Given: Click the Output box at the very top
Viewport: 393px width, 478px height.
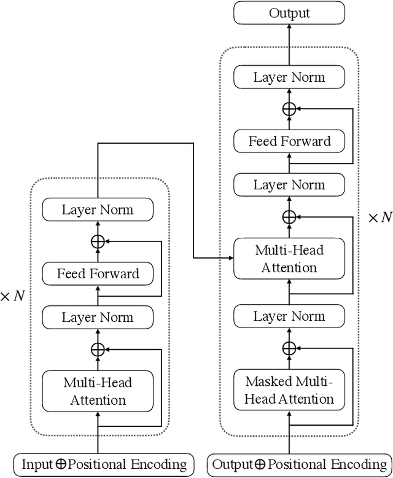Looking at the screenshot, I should (289, 14).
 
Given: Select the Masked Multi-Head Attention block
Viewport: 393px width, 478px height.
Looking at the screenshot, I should (289, 390).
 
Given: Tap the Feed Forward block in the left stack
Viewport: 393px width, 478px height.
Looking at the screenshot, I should (98, 273).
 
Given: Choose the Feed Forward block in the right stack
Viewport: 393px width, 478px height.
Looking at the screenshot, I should (289, 141).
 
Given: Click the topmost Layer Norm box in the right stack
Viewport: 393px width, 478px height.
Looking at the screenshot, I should (289, 77).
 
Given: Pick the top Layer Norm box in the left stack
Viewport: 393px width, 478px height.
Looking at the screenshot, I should (98, 210).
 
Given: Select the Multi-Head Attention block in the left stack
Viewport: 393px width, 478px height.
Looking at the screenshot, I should (98, 391).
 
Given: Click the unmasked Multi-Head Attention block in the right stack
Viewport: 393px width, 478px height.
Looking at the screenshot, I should (289, 259).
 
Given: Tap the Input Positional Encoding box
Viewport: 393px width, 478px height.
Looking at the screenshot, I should (104, 464).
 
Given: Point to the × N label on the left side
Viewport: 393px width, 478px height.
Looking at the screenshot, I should (13, 296).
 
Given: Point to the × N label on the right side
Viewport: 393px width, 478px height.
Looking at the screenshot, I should (379, 217).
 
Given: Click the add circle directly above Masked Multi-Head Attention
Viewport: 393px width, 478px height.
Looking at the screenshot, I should (289, 348).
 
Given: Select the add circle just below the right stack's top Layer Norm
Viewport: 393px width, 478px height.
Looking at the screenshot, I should (289, 109).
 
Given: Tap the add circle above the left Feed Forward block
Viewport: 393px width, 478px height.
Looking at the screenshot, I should (98, 241).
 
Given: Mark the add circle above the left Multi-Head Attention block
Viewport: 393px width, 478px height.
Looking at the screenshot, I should (98, 350).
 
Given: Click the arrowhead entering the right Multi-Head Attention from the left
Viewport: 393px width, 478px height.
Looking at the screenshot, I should (230, 257).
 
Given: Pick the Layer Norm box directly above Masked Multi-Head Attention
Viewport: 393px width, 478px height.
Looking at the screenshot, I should (289, 316).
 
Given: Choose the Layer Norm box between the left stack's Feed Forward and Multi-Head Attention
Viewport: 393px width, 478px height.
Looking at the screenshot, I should (98, 318).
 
